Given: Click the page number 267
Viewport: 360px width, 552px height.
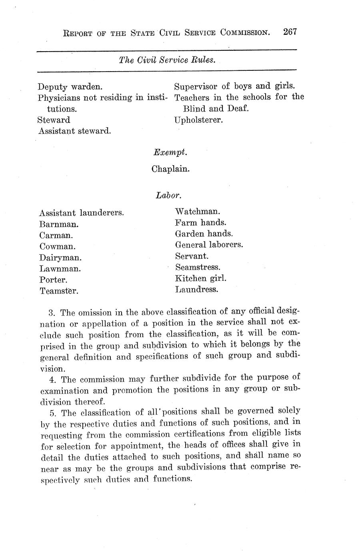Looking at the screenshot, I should [x=290, y=32].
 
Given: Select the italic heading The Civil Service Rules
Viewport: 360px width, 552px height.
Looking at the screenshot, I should [x=167, y=60].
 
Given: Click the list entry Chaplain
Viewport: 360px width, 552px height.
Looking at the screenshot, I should [x=170, y=169].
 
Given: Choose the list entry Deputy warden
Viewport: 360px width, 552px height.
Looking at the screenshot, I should [x=70, y=86].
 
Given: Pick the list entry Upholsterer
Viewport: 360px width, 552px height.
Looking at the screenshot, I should [x=198, y=120].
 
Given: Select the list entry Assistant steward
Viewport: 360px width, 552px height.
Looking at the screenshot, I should [x=75, y=131].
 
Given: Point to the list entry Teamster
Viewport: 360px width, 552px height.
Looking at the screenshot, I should [x=59, y=291].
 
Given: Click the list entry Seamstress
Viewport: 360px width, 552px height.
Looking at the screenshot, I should [x=198, y=267].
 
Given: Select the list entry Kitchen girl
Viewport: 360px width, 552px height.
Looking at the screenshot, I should [x=200, y=278].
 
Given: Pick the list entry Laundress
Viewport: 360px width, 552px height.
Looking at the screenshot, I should [x=196, y=289].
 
